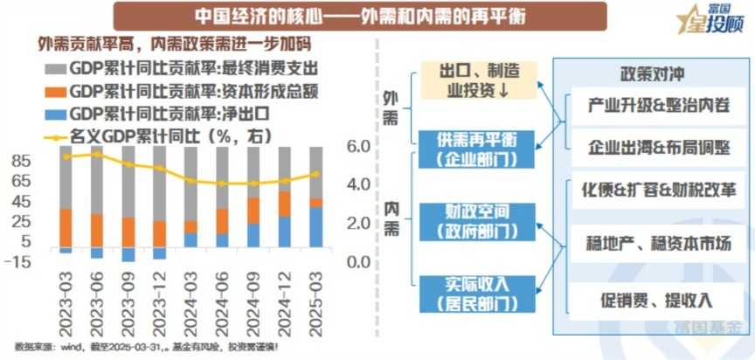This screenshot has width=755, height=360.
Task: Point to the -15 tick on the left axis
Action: click(19, 261)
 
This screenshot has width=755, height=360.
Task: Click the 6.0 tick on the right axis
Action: click(359, 147)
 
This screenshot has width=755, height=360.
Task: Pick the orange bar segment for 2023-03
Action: click(66, 227)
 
